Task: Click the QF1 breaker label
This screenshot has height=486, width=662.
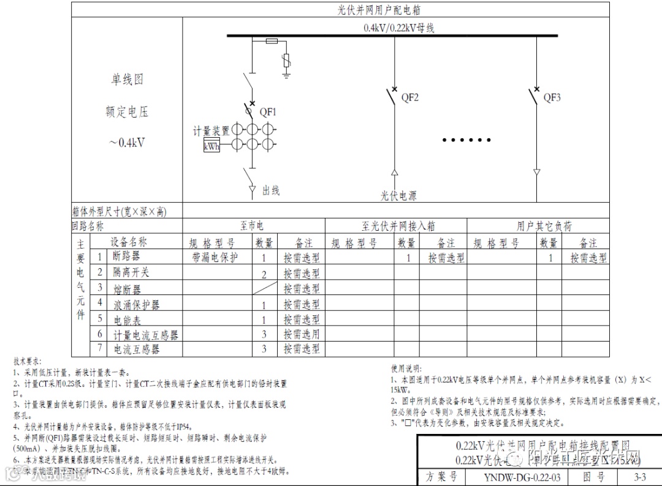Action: (268, 112)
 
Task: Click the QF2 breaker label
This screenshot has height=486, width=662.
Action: (410, 97)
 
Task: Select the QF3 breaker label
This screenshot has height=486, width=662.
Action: (552, 97)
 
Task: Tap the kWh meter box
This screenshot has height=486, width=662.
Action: (211, 147)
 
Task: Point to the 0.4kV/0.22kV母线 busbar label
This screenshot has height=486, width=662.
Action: (400, 28)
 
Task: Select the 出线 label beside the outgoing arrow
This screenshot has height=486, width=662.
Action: (271, 190)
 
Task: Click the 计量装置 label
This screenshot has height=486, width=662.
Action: (211, 131)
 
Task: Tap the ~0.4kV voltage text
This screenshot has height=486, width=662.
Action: (128, 143)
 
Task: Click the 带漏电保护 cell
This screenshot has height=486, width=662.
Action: (215, 258)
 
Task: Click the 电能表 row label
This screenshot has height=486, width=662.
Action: (127, 319)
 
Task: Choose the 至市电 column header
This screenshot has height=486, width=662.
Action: (251, 226)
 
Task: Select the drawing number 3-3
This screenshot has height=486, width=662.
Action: (640, 477)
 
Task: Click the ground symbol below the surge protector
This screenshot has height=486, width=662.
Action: (286, 75)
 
